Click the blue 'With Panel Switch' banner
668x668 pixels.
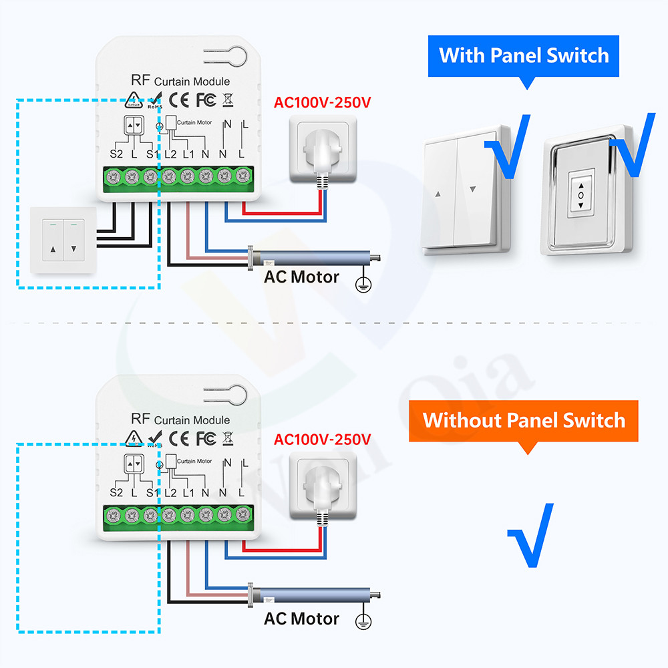(524, 55)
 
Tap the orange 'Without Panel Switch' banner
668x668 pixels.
(524, 420)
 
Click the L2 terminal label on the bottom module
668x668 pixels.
(170, 492)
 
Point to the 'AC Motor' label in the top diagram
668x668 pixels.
(301, 277)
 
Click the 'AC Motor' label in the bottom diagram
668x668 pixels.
(301, 619)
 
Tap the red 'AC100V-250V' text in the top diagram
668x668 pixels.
(322, 103)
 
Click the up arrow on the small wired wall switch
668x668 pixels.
(53, 253)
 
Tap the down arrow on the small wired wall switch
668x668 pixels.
(73, 253)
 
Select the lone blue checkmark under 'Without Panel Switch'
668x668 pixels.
(530, 534)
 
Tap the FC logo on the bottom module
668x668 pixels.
(205, 438)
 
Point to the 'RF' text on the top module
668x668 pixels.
(140, 81)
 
